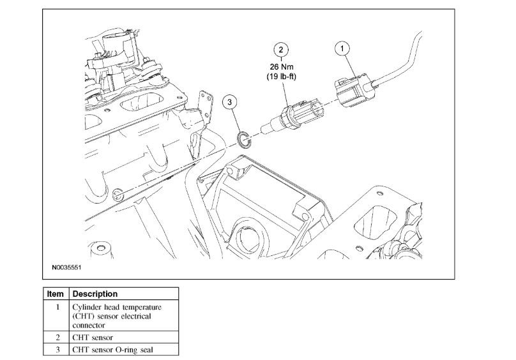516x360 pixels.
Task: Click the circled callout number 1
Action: (344, 48)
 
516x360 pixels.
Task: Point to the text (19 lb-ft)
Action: (281, 76)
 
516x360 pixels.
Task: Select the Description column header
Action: (95, 294)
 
